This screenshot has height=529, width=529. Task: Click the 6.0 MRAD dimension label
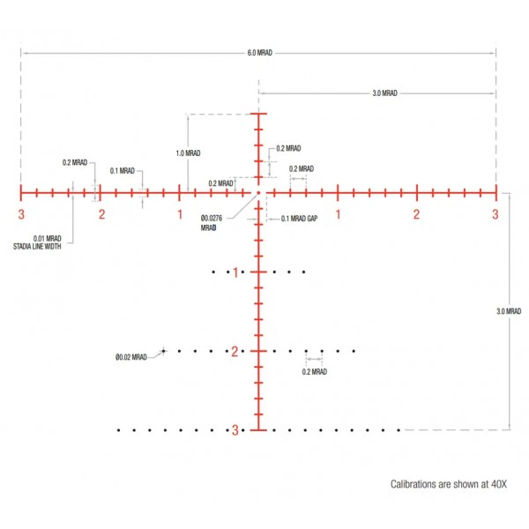click(260, 53)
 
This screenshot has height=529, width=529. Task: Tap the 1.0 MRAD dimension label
click(189, 153)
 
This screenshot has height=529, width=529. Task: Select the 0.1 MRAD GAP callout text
click(299, 219)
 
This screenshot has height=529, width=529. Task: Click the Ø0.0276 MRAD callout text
click(212, 223)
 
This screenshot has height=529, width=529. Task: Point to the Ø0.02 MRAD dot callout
click(131, 357)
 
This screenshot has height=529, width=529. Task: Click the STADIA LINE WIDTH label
click(37, 247)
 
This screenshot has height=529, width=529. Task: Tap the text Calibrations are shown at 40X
click(449, 484)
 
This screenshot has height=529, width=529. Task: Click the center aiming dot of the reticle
click(258, 193)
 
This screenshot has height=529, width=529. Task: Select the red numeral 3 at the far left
click(21, 214)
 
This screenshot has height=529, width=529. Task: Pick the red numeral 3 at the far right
click(495, 214)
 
